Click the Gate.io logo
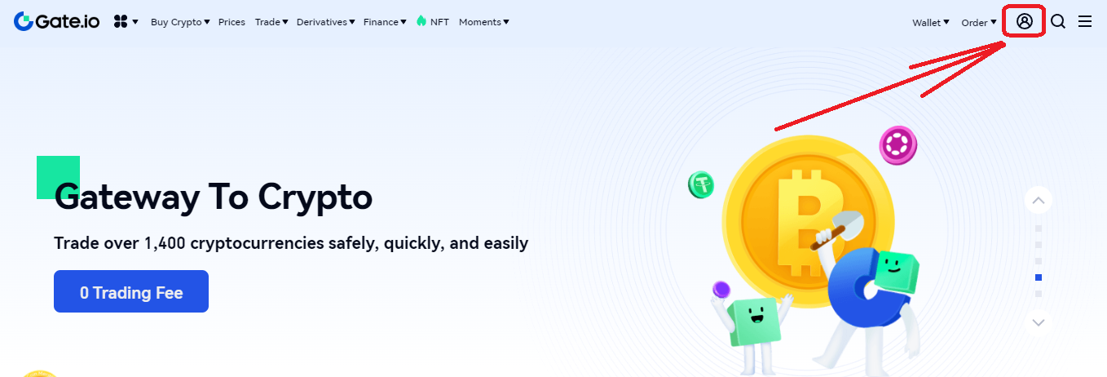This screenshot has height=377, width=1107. [56, 21]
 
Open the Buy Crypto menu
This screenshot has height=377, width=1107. [180, 22]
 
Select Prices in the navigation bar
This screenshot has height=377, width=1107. [232, 22]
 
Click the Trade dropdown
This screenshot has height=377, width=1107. [271, 22]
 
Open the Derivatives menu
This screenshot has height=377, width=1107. [326, 22]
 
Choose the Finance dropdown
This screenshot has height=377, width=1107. [385, 22]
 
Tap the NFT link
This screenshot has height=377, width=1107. [433, 21]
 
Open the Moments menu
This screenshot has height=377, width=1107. [484, 22]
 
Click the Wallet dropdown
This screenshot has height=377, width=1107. [931, 22]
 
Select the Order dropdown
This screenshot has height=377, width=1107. [978, 22]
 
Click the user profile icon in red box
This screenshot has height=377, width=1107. [1025, 21]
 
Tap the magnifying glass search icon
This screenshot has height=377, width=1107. [1057, 21]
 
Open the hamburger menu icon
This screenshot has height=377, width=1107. [1085, 21]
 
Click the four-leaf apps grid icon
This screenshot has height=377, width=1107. [121, 21]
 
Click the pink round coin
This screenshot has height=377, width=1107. [898, 145]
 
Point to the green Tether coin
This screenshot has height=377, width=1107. [701, 184]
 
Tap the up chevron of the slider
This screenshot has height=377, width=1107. [1039, 201]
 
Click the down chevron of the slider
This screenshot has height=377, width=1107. [1039, 322]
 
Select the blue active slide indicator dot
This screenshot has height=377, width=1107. [1039, 277]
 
